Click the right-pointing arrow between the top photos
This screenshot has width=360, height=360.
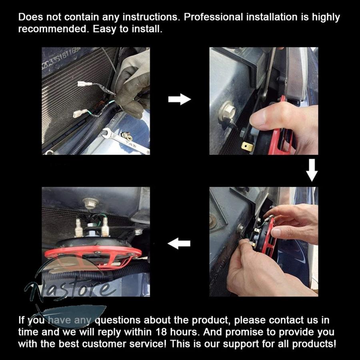(180, 99)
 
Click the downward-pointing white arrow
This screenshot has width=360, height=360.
(312, 170)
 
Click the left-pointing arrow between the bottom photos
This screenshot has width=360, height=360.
(179, 243)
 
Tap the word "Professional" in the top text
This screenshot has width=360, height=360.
(213, 17)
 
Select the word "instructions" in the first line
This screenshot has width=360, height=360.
(151, 17)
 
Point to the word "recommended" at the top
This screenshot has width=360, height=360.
(53, 29)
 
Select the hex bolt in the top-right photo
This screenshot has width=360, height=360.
(227, 111)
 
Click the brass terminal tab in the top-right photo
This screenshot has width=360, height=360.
(247, 146)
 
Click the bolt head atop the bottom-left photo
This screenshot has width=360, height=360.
(90, 202)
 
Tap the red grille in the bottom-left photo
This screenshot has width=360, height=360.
(93, 256)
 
